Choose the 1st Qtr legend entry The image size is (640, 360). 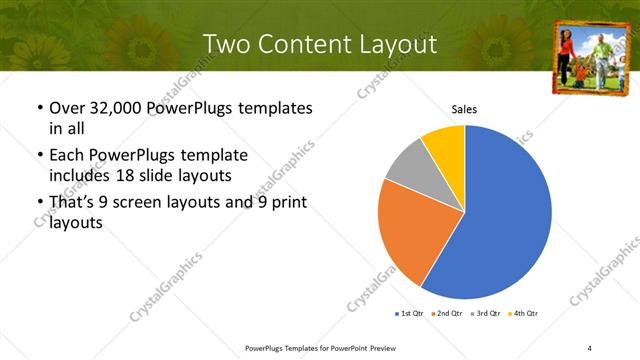click(x=409, y=314)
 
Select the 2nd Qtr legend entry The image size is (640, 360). click(x=447, y=314)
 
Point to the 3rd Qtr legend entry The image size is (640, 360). click(x=485, y=314)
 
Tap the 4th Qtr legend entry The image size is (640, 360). click(x=524, y=314)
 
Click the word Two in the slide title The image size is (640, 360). click(x=226, y=44)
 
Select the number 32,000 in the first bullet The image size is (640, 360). click(x=117, y=108)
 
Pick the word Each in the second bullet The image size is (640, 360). click(x=67, y=155)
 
